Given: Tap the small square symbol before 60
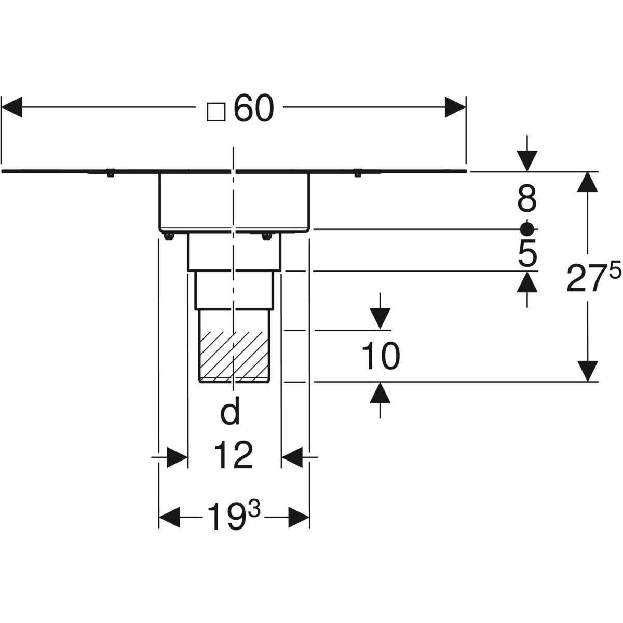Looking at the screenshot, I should click(215, 111).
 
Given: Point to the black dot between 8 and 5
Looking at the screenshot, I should click(527, 228).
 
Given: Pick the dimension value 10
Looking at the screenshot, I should click(381, 356).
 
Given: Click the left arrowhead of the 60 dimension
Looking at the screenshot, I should click(12, 108).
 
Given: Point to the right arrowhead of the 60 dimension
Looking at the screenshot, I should click(455, 108).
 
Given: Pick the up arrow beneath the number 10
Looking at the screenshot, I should click(381, 392).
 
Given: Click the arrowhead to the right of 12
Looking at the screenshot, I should click(292, 457).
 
